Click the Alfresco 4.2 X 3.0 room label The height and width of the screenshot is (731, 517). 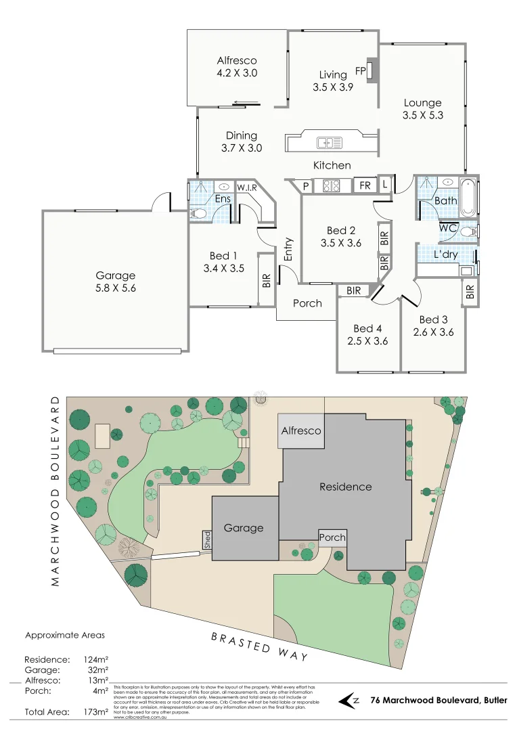[237, 66]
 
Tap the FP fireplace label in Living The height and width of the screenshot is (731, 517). [360, 70]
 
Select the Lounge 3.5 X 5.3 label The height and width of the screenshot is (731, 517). [422, 109]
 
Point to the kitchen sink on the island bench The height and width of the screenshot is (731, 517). [330, 142]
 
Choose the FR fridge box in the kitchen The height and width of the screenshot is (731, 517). [365, 185]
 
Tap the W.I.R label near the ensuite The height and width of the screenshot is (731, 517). [246, 187]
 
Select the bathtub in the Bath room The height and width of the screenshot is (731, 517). [468, 196]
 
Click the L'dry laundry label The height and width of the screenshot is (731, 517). [445, 254]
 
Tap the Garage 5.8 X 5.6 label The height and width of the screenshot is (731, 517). [115, 282]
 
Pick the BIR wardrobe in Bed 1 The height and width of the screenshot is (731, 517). [266, 280]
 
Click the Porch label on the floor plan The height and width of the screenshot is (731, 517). [307, 303]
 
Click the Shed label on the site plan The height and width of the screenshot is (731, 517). [207, 540]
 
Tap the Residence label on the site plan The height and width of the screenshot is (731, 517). [345, 486]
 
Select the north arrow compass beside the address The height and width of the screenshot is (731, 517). [349, 701]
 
